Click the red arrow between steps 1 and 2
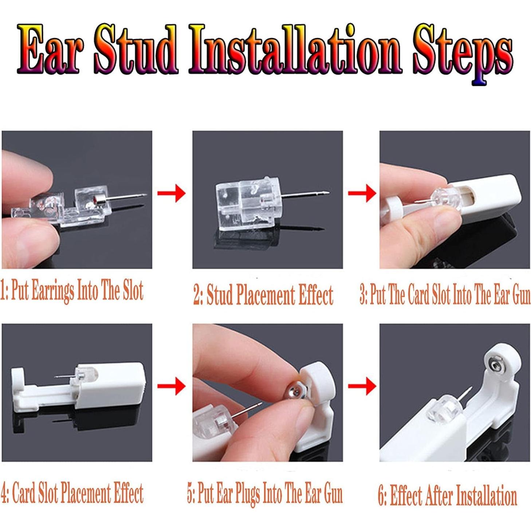click(x=172, y=193)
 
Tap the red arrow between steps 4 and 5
click(x=172, y=386)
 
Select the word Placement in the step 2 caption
click(x=265, y=295)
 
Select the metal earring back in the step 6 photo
click(x=495, y=365)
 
